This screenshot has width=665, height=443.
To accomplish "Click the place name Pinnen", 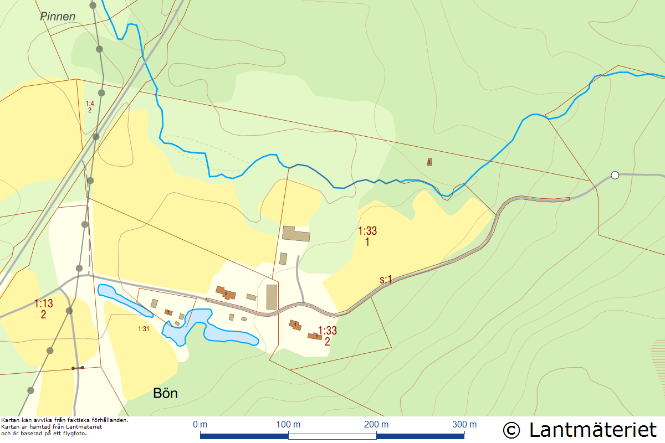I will (58, 17).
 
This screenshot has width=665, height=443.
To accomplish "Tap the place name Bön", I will (165, 394).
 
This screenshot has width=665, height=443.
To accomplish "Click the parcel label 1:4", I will (90, 103).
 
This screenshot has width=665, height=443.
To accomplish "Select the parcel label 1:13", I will (44, 304).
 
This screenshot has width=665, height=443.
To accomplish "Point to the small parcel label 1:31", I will (144, 329).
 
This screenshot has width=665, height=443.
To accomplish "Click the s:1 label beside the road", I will (386, 280).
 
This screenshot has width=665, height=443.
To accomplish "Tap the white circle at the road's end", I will (615, 176).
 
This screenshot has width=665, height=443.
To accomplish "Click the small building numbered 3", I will (429, 162).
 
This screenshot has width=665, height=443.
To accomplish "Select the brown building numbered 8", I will (226, 292).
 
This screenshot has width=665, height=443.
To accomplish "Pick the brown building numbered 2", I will (316, 336).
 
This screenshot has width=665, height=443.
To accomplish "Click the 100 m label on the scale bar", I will (288, 425).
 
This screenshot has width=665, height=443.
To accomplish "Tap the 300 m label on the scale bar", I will (464, 425).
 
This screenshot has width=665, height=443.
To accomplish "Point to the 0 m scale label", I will (200, 425).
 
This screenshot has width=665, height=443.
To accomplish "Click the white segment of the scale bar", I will (332, 436).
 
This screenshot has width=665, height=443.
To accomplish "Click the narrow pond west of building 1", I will (124, 300).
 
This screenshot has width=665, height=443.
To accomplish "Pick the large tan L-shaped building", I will (295, 233).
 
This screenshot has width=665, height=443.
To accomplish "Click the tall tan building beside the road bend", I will (272, 297).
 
